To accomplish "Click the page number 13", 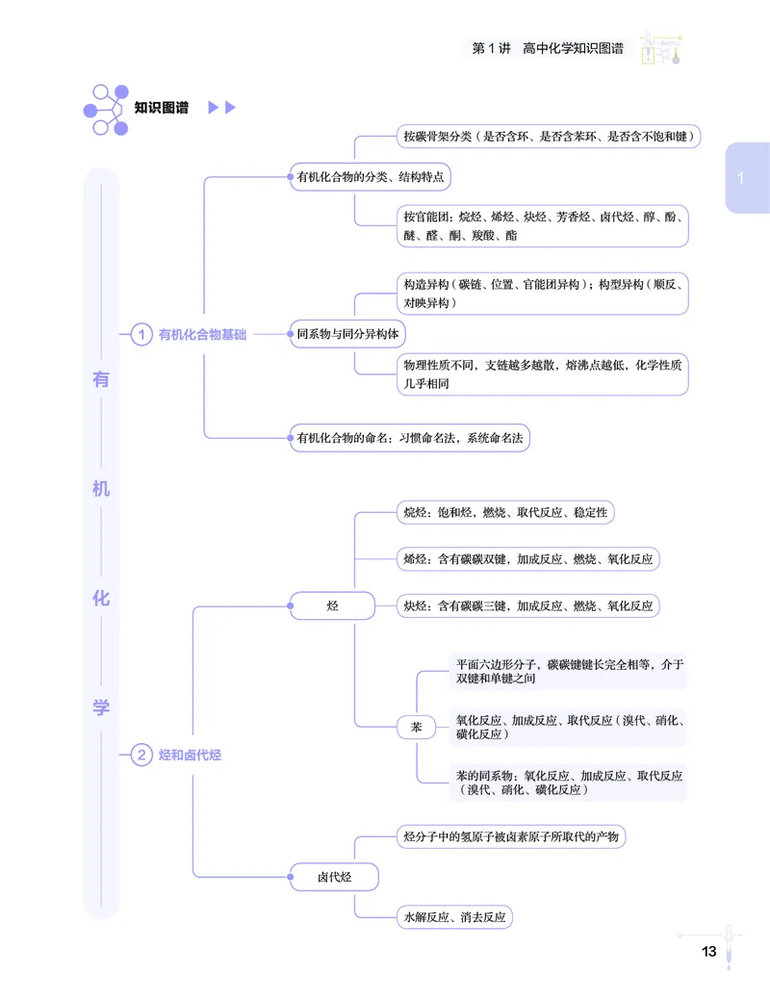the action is [708, 951].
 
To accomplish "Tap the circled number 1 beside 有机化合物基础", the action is [141, 334].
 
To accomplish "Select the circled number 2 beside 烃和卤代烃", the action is [141, 755].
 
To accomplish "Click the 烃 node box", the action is [333, 605].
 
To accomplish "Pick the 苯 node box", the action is [417, 727].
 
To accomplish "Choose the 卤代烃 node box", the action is [334, 877].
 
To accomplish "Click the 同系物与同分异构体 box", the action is [347, 334].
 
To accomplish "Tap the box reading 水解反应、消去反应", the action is [454, 917].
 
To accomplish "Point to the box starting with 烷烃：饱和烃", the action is [505, 513].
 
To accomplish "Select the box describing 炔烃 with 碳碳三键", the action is [528, 605].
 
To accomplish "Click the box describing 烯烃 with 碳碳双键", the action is [528, 559].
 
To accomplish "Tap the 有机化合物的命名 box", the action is [409, 438].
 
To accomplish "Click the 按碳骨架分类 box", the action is [549, 136].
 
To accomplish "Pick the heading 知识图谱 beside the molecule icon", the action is [162, 107].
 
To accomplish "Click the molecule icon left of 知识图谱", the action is [107, 110].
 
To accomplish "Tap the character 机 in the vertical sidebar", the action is [101, 489].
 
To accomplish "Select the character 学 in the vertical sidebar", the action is [101, 707].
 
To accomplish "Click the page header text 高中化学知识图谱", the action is [573, 48].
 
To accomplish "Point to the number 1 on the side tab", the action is [740, 178].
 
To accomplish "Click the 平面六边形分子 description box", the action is [568, 672].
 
